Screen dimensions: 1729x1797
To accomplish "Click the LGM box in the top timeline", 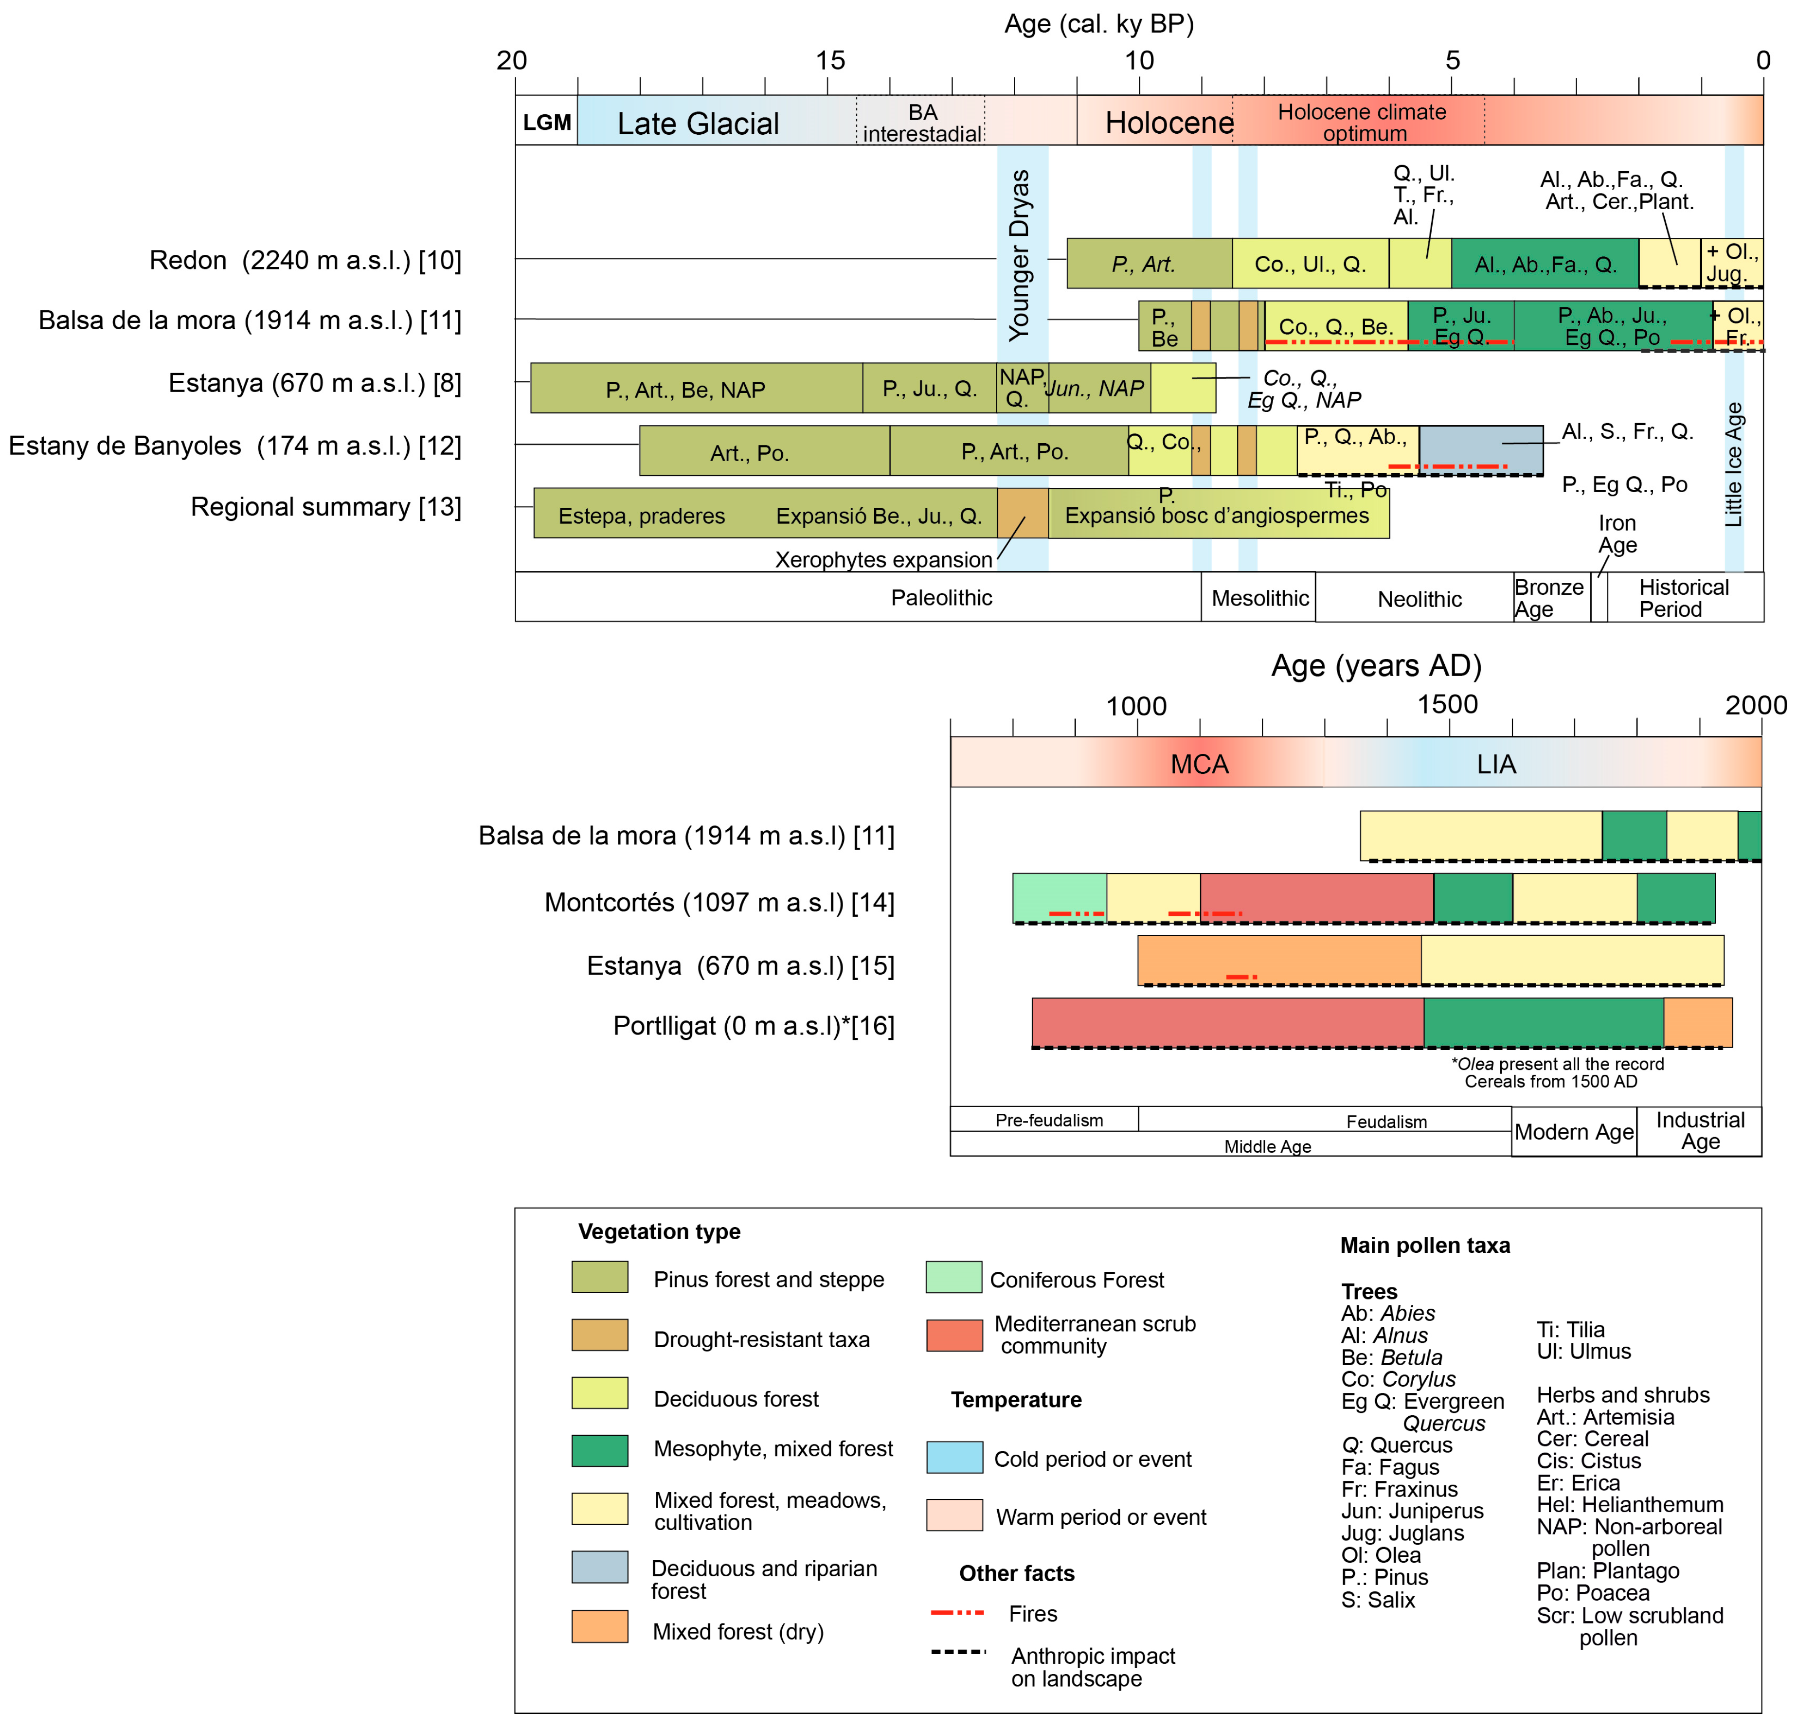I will click(x=546, y=122).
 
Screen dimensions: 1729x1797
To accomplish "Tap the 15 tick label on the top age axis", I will click(x=830, y=60).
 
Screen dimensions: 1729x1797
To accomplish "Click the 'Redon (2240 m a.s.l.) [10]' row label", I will click(x=305, y=260).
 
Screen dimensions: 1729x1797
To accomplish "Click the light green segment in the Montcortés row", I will click(x=1059, y=896).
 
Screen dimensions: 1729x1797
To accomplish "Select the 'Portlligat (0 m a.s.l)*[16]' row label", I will click(x=754, y=1026).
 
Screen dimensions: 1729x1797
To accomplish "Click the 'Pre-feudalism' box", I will click(x=1049, y=1120).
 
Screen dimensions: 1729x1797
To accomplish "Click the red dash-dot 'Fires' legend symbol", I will click(x=957, y=1613).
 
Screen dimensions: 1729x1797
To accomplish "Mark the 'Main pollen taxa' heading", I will click(x=1425, y=1245).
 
